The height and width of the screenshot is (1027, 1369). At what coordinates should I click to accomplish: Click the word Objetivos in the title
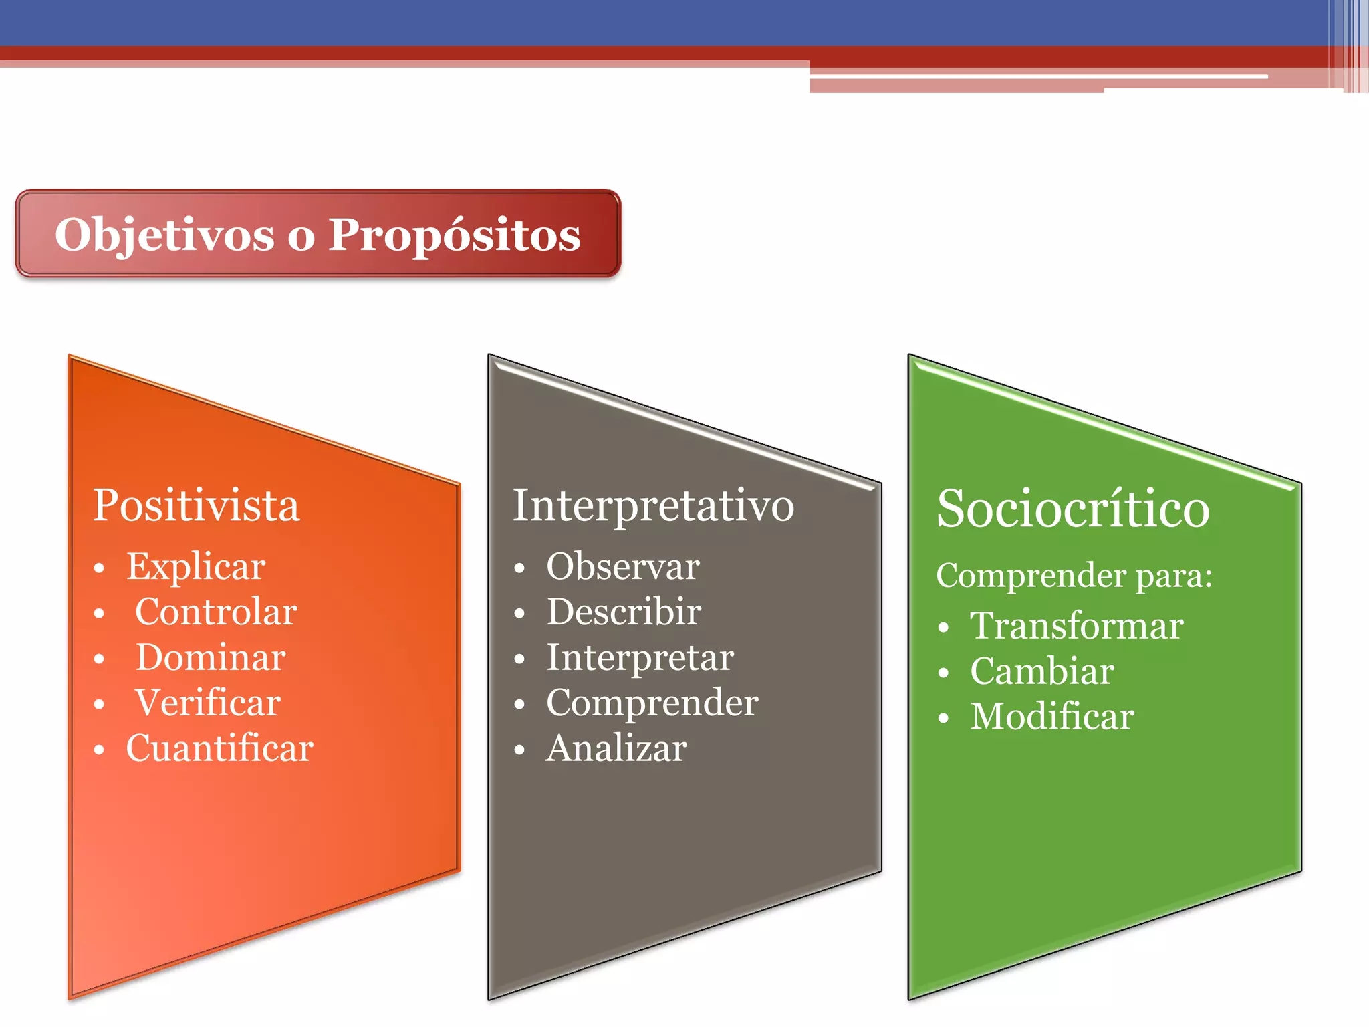[164, 235]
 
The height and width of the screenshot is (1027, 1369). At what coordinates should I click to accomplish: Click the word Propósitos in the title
[455, 235]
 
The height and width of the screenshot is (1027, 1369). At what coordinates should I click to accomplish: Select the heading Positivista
[196, 505]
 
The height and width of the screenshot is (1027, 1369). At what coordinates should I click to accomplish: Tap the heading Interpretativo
[653, 505]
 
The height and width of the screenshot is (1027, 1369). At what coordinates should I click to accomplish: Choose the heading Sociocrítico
[1073, 509]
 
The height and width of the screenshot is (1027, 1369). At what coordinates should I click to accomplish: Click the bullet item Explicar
[196, 567]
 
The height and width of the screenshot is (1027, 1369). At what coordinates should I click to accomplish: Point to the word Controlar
[216, 612]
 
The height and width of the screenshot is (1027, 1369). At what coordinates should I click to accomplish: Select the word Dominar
[211, 657]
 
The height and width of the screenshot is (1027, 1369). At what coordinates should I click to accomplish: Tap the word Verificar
[208, 703]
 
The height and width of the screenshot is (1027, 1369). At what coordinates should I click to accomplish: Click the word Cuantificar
[219, 748]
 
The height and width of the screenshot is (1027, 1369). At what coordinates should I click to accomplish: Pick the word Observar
[623, 567]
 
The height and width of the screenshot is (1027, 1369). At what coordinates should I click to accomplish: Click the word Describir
[624, 612]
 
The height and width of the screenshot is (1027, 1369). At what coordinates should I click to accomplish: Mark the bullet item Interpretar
[640, 658]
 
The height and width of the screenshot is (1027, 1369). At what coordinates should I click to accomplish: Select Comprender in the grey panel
[652, 703]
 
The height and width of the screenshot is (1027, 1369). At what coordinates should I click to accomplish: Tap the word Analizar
[616, 748]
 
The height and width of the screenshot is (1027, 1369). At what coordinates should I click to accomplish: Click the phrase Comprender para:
[1074, 576]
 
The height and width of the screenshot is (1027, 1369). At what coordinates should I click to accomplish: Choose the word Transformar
[1076, 626]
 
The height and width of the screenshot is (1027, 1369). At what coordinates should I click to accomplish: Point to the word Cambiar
[1041, 671]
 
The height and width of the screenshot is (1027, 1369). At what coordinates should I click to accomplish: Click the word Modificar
[1051, 717]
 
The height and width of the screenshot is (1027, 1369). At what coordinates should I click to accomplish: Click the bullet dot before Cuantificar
[99, 750]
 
